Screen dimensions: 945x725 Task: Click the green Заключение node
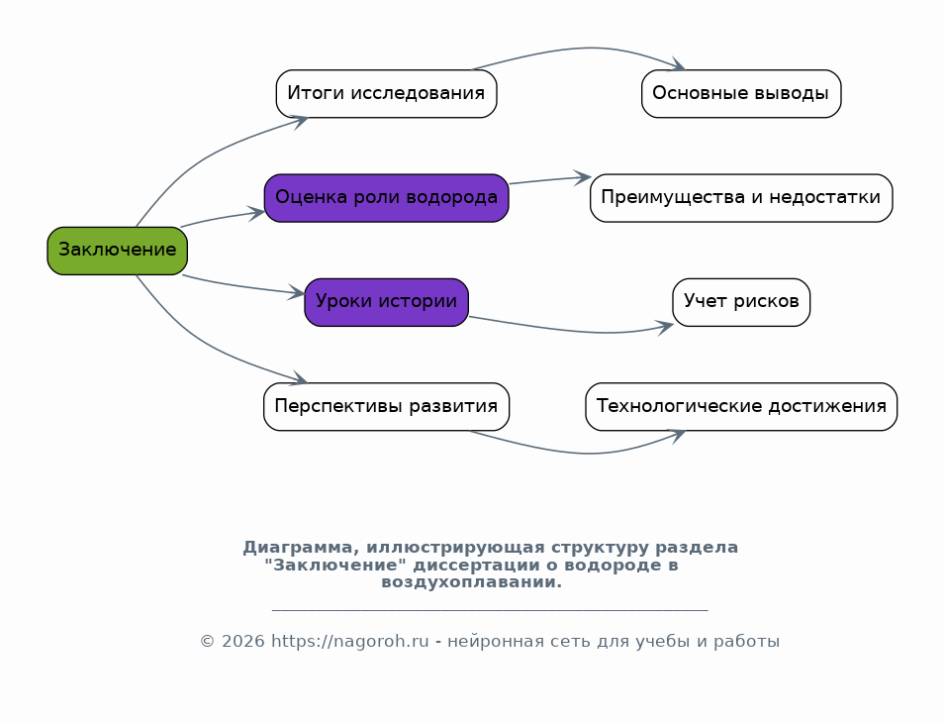coord(118,251)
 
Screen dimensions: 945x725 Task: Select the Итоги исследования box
coord(386,93)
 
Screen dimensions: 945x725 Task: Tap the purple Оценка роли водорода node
coord(386,198)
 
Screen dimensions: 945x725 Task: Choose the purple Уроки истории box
coord(386,302)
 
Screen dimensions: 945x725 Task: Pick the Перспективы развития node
coord(386,406)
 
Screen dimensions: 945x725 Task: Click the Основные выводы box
coord(741,93)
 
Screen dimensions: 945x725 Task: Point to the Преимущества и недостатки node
coord(741,198)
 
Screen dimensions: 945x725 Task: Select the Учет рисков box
coord(741,302)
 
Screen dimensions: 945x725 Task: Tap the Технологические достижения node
coord(741,406)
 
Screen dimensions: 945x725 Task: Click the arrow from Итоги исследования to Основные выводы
coord(588,49)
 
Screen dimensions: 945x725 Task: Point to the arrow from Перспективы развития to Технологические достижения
coord(588,453)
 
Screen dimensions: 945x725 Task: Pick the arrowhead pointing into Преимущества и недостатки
coord(583,177)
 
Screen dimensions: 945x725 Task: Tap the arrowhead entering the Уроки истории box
coord(297,293)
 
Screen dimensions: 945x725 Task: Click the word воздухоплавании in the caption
coord(471,582)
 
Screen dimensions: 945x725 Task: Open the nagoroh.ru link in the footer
coord(349,641)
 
